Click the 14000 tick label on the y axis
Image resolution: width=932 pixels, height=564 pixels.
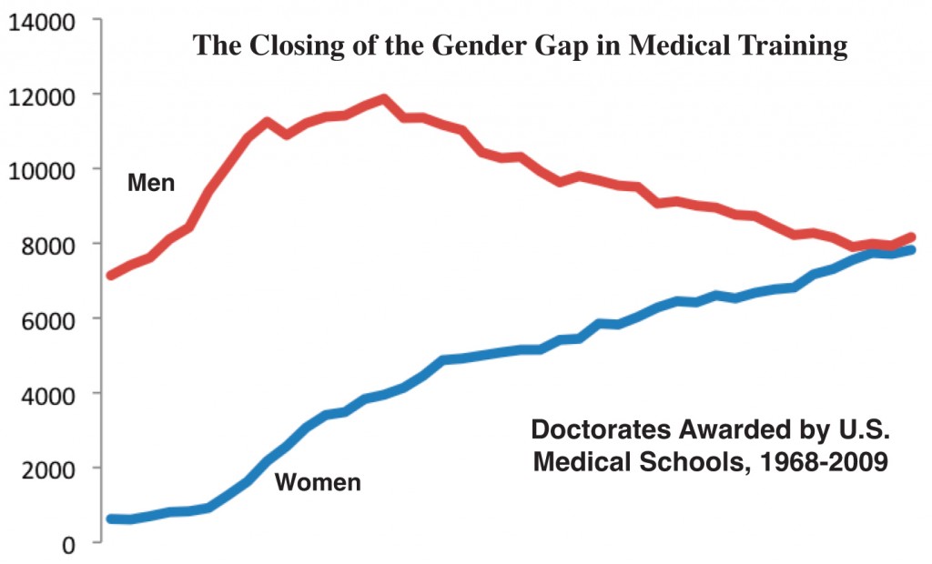click(x=42, y=20)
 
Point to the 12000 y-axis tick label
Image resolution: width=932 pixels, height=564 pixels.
click(x=42, y=95)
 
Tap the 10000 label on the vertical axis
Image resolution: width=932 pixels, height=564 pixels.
click(x=42, y=169)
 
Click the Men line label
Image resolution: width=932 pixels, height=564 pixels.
click(x=151, y=184)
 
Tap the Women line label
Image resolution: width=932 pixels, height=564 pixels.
click(x=318, y=482)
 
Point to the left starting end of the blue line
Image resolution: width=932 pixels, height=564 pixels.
click(x=111, y=519)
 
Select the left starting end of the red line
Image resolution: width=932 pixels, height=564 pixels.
click(x=111, y=275)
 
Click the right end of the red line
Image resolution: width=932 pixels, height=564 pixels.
click(x=911, y=237)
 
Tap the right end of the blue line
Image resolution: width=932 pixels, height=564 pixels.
click(x=911, y=250)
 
